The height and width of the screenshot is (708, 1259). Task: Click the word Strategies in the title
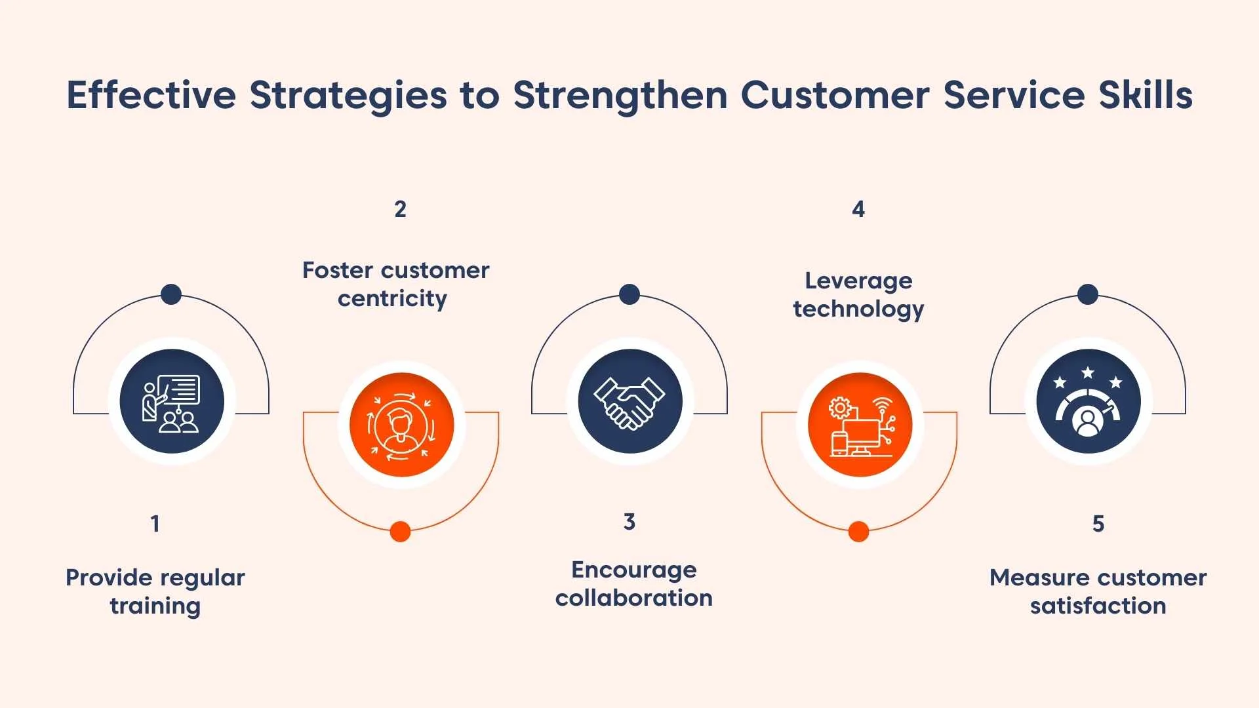[x=348, y=96]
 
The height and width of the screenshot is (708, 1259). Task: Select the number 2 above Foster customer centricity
[x=400, y=209]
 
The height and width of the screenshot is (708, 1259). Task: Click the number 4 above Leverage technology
[x=858, y=209]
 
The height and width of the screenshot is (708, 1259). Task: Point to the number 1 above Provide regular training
[x=155, y=524]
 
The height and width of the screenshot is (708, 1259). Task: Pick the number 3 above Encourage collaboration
[x=629, y=522]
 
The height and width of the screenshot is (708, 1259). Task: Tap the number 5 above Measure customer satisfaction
[x=1098, y=524]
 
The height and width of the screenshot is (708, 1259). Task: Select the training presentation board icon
[x=172, y=402]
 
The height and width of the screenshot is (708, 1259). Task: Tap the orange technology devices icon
[x=860, y=425]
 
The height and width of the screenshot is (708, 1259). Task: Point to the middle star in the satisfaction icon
[x=1088, y=373]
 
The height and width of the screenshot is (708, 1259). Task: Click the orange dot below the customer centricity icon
[x=400, y=531]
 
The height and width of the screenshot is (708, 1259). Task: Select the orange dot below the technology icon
[x=858, y=531]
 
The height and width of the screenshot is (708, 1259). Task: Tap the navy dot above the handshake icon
[x=629, y=294]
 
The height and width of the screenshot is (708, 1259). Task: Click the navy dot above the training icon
[x=171, y=294]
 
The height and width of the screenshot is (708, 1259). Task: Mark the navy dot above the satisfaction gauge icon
[x=1088, y=294]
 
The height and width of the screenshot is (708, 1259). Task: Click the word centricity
[x=392, y=299]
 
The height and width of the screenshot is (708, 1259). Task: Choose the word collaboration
[x=633, y=598]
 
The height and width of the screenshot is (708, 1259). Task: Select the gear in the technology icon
[x=839, y=408]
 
